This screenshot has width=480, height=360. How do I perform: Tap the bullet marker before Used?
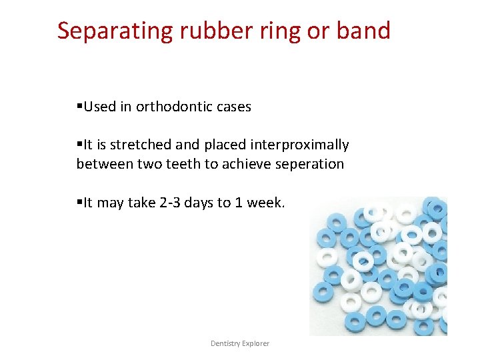tap(79, 107)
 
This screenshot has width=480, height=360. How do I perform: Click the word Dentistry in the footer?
tap(226, 343)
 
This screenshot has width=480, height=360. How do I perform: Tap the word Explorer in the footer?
tap(257, 343)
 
